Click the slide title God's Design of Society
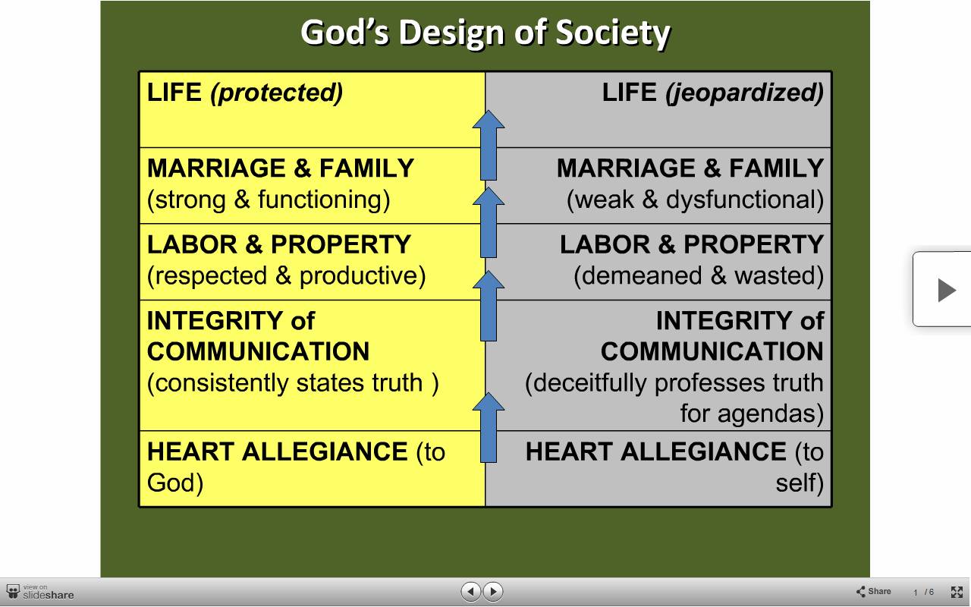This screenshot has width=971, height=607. click(x=485, y=33)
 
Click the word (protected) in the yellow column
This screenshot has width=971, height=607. click(x=277, y=93)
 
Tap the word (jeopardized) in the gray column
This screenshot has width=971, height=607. click(x=744, y=93)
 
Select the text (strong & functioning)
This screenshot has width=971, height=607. click(x=269, y=200)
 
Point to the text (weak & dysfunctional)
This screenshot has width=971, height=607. click(x=696, y=200)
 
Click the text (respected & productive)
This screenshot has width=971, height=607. click(x=287, y=275)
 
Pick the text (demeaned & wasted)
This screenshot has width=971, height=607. click(x=699, y=275)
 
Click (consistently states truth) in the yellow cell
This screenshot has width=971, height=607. click(x=293, y=383)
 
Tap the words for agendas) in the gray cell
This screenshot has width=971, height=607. click(x=752, y=414)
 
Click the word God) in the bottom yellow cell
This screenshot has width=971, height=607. click(x=175, y=483)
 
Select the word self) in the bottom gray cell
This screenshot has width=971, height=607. click(x=800, y=483)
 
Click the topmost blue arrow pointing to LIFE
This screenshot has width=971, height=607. click(x=489, y=145)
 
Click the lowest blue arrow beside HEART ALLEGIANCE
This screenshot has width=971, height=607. click(x=489, y=427)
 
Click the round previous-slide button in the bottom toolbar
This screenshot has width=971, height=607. click(x=471, y=591)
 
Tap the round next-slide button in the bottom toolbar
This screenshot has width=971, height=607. click(x=493, y=591)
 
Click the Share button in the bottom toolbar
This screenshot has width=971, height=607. click(x=873, y=591)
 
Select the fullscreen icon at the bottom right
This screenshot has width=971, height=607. click(x=957, y=592)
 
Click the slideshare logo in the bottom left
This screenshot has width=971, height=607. click(x=40, y=592)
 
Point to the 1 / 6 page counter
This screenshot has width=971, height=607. click(x=923, y=593)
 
